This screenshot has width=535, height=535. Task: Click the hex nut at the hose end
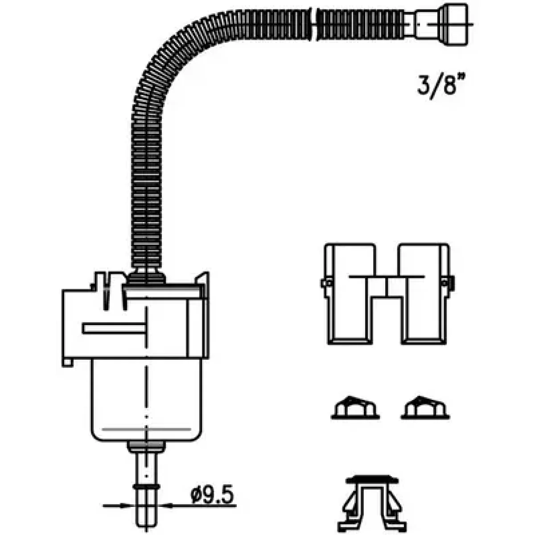tap(455, 24)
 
